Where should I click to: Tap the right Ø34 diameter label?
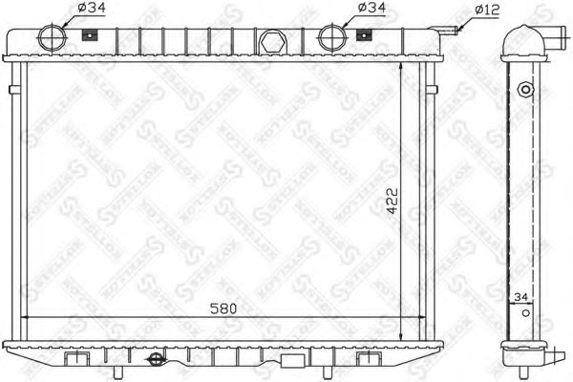click(368, 10)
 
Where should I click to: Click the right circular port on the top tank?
click(330, 37)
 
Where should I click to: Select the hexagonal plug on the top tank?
click(271, 43)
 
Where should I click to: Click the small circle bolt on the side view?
click(523, 90)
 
